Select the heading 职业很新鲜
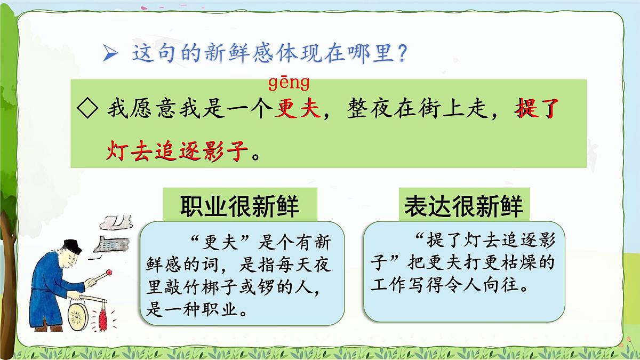[x=239, y=205]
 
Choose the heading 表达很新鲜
[x=463, y=205]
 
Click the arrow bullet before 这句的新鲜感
[x=110, y=53]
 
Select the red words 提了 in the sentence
[x=535, y=110]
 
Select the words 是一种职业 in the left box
[x=198, y=311]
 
